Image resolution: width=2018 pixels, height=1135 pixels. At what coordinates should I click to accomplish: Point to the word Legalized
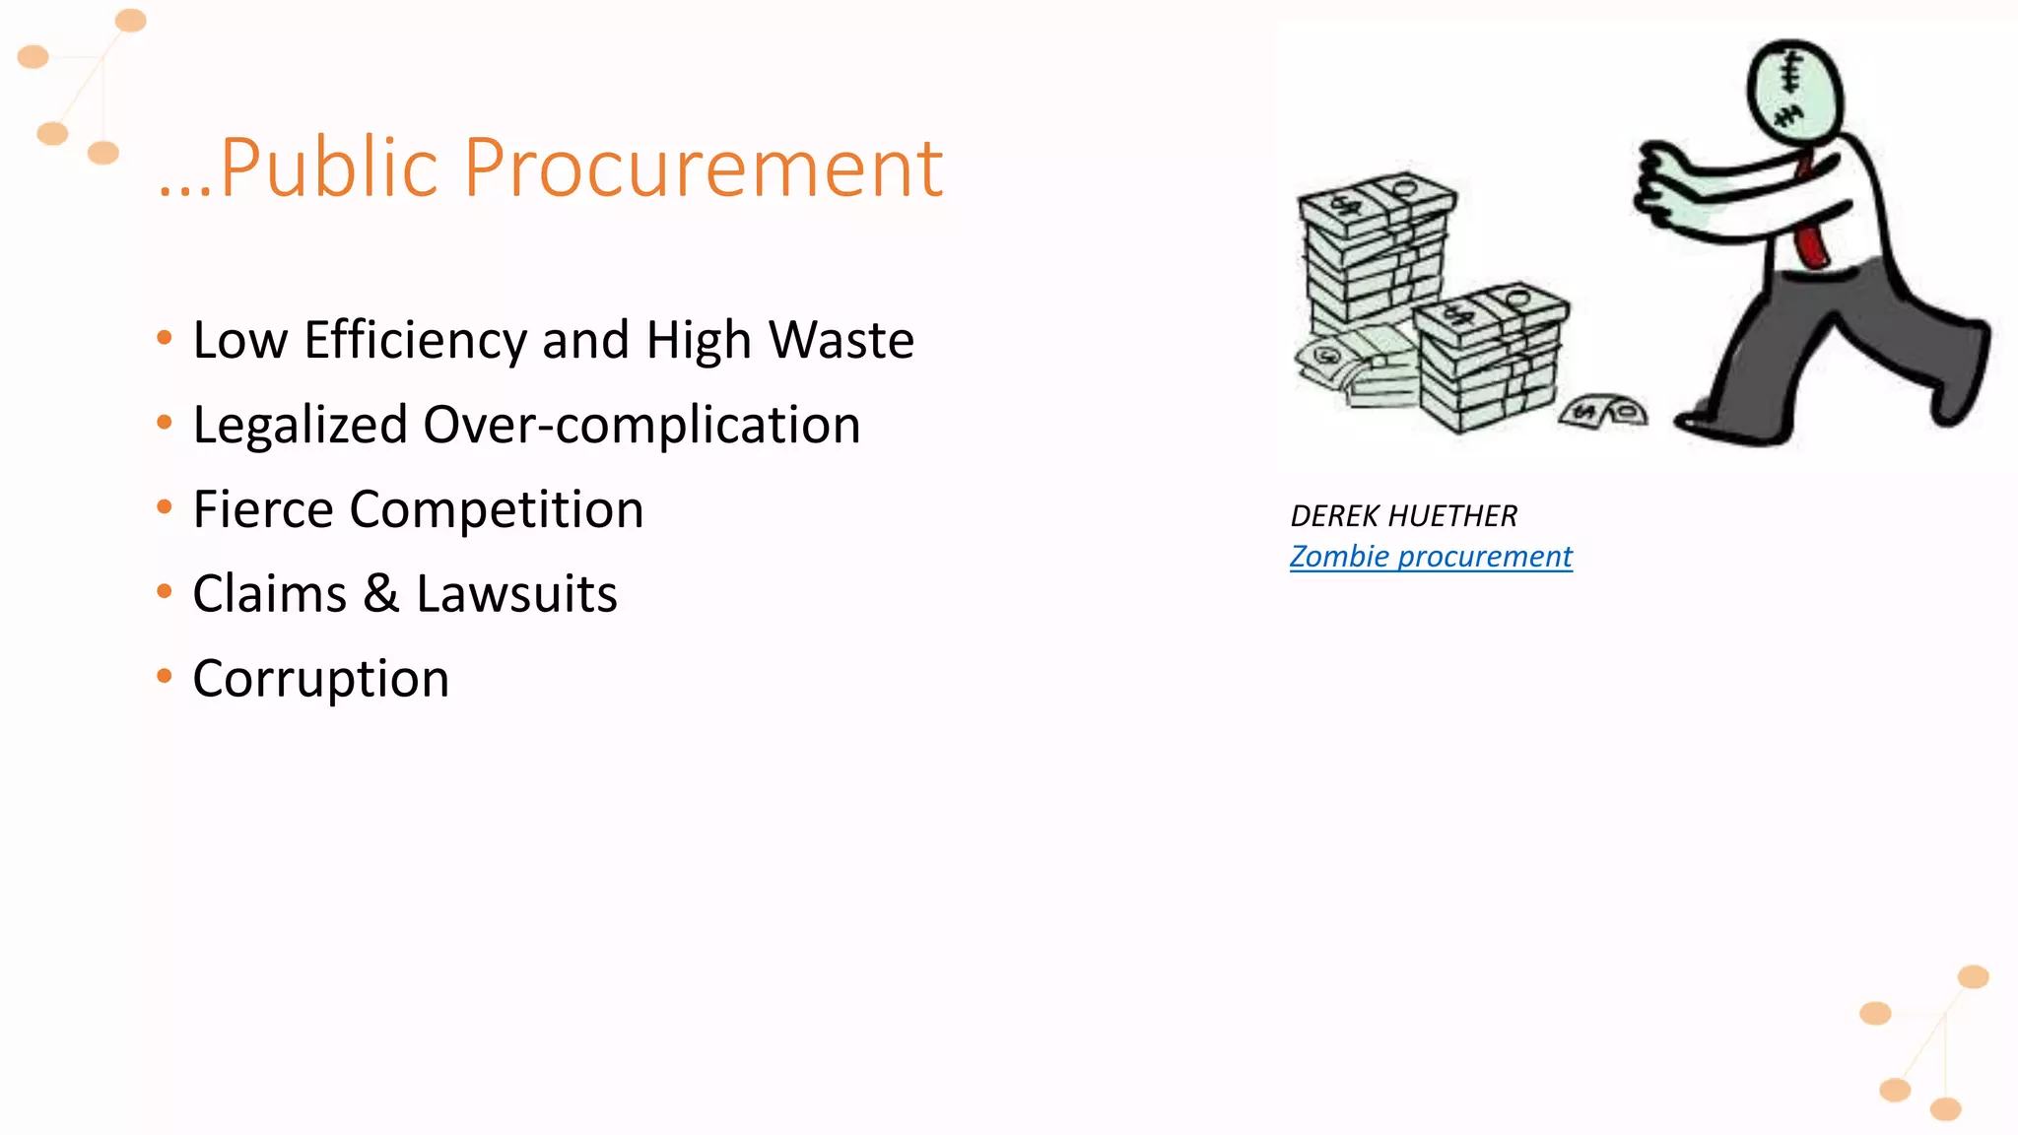coord(300,425)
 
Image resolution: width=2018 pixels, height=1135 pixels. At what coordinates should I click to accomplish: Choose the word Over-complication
coord(641,425)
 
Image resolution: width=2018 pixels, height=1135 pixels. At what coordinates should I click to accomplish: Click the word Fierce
coord(263,509)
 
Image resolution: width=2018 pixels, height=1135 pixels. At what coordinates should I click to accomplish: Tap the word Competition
coord(497,509)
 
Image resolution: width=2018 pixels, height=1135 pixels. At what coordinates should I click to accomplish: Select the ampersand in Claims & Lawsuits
coord(381,594)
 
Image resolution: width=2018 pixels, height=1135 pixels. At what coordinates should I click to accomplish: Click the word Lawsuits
coord(516,594)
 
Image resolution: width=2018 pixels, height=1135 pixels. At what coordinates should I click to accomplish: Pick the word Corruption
coord(321,679)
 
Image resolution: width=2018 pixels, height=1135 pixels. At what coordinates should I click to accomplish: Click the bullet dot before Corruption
coord(165,676)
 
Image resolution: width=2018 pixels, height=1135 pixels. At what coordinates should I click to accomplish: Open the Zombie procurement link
coord(1431,557)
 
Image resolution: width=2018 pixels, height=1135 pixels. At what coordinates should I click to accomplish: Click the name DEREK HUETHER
coord(1403,515)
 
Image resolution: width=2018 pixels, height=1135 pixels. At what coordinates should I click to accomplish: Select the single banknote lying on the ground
coord(1603,411)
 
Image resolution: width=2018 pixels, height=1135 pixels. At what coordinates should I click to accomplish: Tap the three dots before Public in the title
coord(184,192)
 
